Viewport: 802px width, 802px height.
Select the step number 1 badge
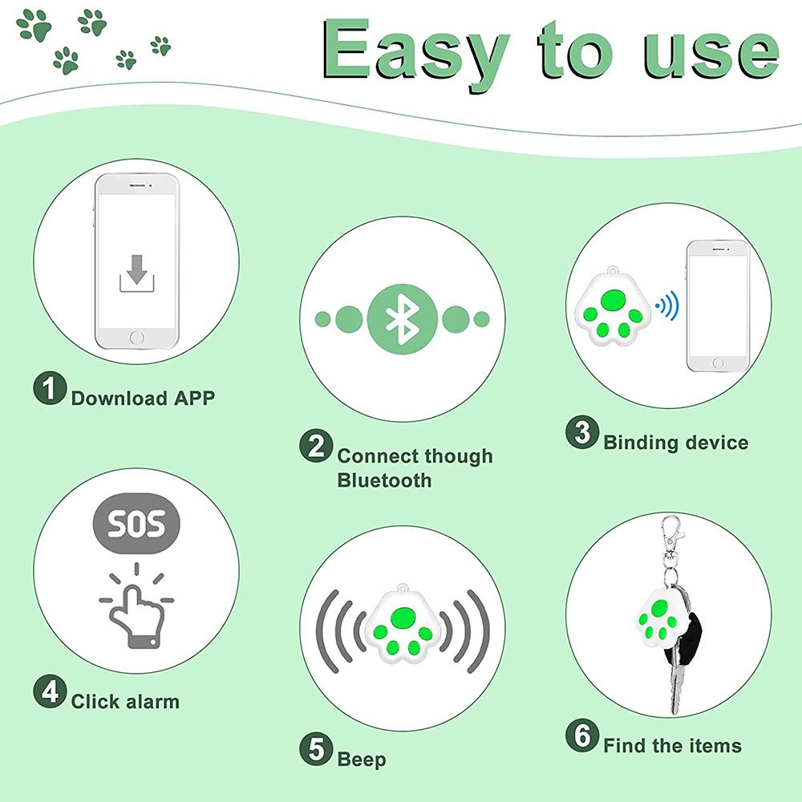coord(49,391)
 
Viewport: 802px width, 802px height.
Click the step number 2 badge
coord(316,446)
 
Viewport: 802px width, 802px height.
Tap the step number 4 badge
coord(49,691)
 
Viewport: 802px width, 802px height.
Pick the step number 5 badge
coord(316,750)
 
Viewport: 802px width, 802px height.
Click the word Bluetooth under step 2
coord(384,480)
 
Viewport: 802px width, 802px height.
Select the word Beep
coord(361,759)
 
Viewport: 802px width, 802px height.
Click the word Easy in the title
coord(416,50)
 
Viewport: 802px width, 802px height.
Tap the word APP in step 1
coord(194,398)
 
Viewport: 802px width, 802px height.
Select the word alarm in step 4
coord(152,702)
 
